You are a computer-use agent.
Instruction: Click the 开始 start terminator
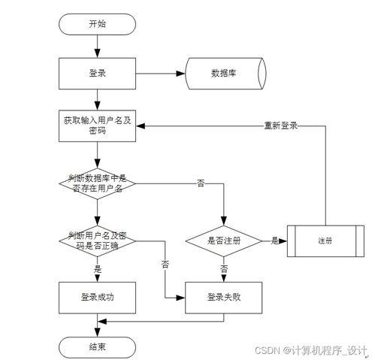pos(97,24)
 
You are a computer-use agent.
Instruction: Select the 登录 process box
pos(97,74)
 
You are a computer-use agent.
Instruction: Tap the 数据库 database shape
pos(225,74)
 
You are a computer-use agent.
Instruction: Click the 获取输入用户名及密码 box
pos(97,125)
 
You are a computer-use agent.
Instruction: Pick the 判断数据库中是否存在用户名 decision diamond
pos(97,183)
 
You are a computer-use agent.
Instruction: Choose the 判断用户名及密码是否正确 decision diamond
pos(97,241)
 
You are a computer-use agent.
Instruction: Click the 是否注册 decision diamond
pos(224,241)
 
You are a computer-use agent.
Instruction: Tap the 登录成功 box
pos(97,297)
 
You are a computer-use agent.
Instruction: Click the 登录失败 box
pos(224,297)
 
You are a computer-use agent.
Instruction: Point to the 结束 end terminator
pos(97,346)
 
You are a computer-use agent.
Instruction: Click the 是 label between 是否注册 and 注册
pos(274,241)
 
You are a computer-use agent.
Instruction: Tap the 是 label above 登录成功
pos(98,268)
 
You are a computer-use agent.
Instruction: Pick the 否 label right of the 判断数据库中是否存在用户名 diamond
pos(200,183)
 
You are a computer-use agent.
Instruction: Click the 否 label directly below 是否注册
pos(224,268)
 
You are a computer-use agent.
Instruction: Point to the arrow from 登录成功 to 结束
pos(97,324)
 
